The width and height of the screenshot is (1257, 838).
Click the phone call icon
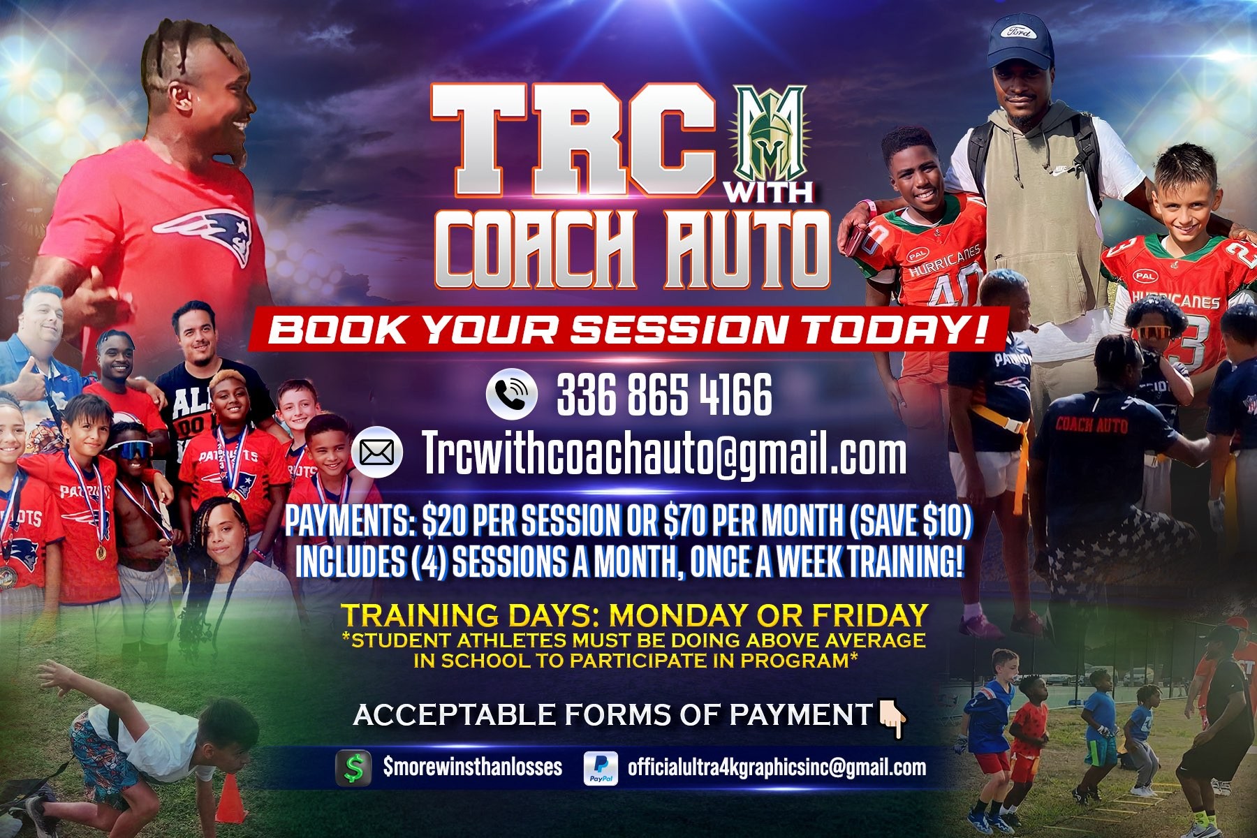coord(512,393)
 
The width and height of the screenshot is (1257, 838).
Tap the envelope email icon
coord(377,453)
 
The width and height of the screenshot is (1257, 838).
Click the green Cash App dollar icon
coord(353,768)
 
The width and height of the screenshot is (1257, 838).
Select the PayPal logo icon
coord(601,768)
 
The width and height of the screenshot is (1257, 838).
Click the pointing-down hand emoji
coord(892,719)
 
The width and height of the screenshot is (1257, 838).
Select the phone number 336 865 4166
coord(664,395)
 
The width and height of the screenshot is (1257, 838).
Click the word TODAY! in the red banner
coord(895,330)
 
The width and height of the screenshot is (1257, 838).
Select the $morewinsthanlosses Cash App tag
coord(472,767)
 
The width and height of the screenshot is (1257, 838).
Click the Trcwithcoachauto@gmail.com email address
coord(664,454)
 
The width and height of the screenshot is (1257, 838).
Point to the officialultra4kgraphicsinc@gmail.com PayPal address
coord(777,767)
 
